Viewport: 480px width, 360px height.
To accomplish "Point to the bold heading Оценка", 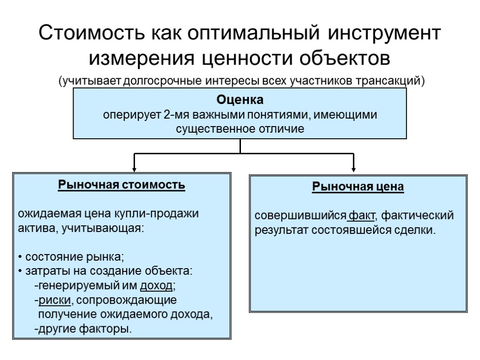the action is coord(240,100).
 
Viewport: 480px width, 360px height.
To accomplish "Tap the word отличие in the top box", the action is coord(282,128).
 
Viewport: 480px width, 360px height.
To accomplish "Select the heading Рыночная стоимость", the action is coord(121,185).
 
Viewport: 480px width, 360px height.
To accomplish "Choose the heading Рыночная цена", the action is coord(358,187).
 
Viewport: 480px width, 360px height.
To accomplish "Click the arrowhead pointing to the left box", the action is coord(135,168).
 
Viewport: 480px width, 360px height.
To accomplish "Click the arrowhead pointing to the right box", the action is coord(353,168).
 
